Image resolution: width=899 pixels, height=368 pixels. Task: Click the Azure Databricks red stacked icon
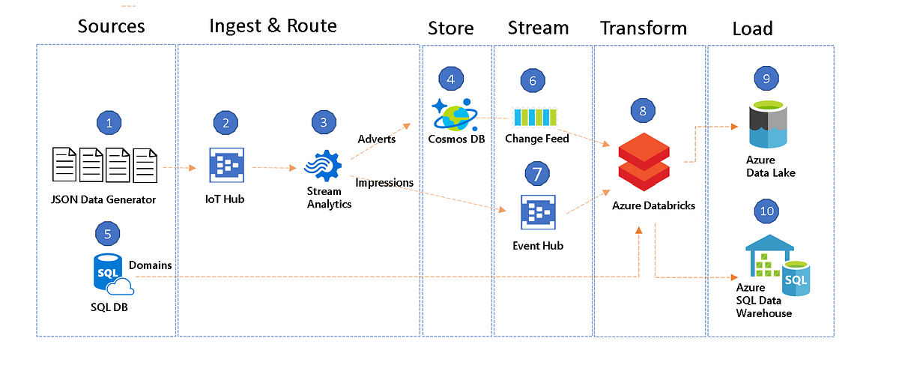[x=644, y=161]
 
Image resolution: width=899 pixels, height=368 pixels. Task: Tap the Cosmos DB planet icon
[x=455, y=115]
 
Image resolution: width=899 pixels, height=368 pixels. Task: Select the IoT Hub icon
[x=226, y=165]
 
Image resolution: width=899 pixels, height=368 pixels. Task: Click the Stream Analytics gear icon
[x=323, y=166]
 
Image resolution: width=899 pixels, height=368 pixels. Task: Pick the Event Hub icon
[x=538, y=212]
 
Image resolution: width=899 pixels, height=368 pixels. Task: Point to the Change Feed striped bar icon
[x=535, y=117]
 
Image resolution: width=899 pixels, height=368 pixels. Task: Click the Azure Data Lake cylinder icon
[x=768, y=124]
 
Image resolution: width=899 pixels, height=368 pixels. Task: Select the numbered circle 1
[x=109, y=123]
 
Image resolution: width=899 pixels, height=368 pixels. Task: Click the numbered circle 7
[x=537, y=173]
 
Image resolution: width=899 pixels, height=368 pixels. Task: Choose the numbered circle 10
[x=766, y=211]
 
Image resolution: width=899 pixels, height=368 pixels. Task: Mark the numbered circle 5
[x=107, y=234]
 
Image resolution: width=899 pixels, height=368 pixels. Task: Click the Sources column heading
[x=111, y=26]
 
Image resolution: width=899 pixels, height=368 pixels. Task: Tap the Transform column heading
[x=644, y=28]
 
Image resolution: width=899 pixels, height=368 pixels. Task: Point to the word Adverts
[x=376, y=139]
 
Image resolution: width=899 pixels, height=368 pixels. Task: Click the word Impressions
[x=384, y=183]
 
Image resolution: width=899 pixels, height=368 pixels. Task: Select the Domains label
[x=150, y=265]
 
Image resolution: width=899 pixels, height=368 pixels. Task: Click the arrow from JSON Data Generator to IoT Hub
[x=179, y=168]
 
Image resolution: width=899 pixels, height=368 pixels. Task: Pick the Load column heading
[x=752, y=28]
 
